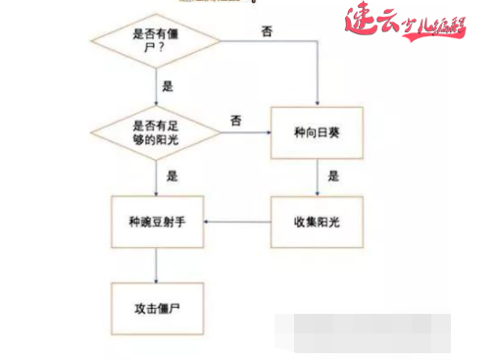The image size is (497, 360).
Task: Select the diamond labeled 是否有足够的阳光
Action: point(157,129)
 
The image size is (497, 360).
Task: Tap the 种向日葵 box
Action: point(317,129)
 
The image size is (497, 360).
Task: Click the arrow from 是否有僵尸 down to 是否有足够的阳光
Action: point(157,87)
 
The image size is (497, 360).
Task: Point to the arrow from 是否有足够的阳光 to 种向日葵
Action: point(246,129)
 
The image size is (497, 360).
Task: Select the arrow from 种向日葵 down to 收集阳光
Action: point(317,176)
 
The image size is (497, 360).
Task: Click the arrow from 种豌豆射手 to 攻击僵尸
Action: point(157,263)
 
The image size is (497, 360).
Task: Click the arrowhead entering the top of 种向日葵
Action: point(317,101)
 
